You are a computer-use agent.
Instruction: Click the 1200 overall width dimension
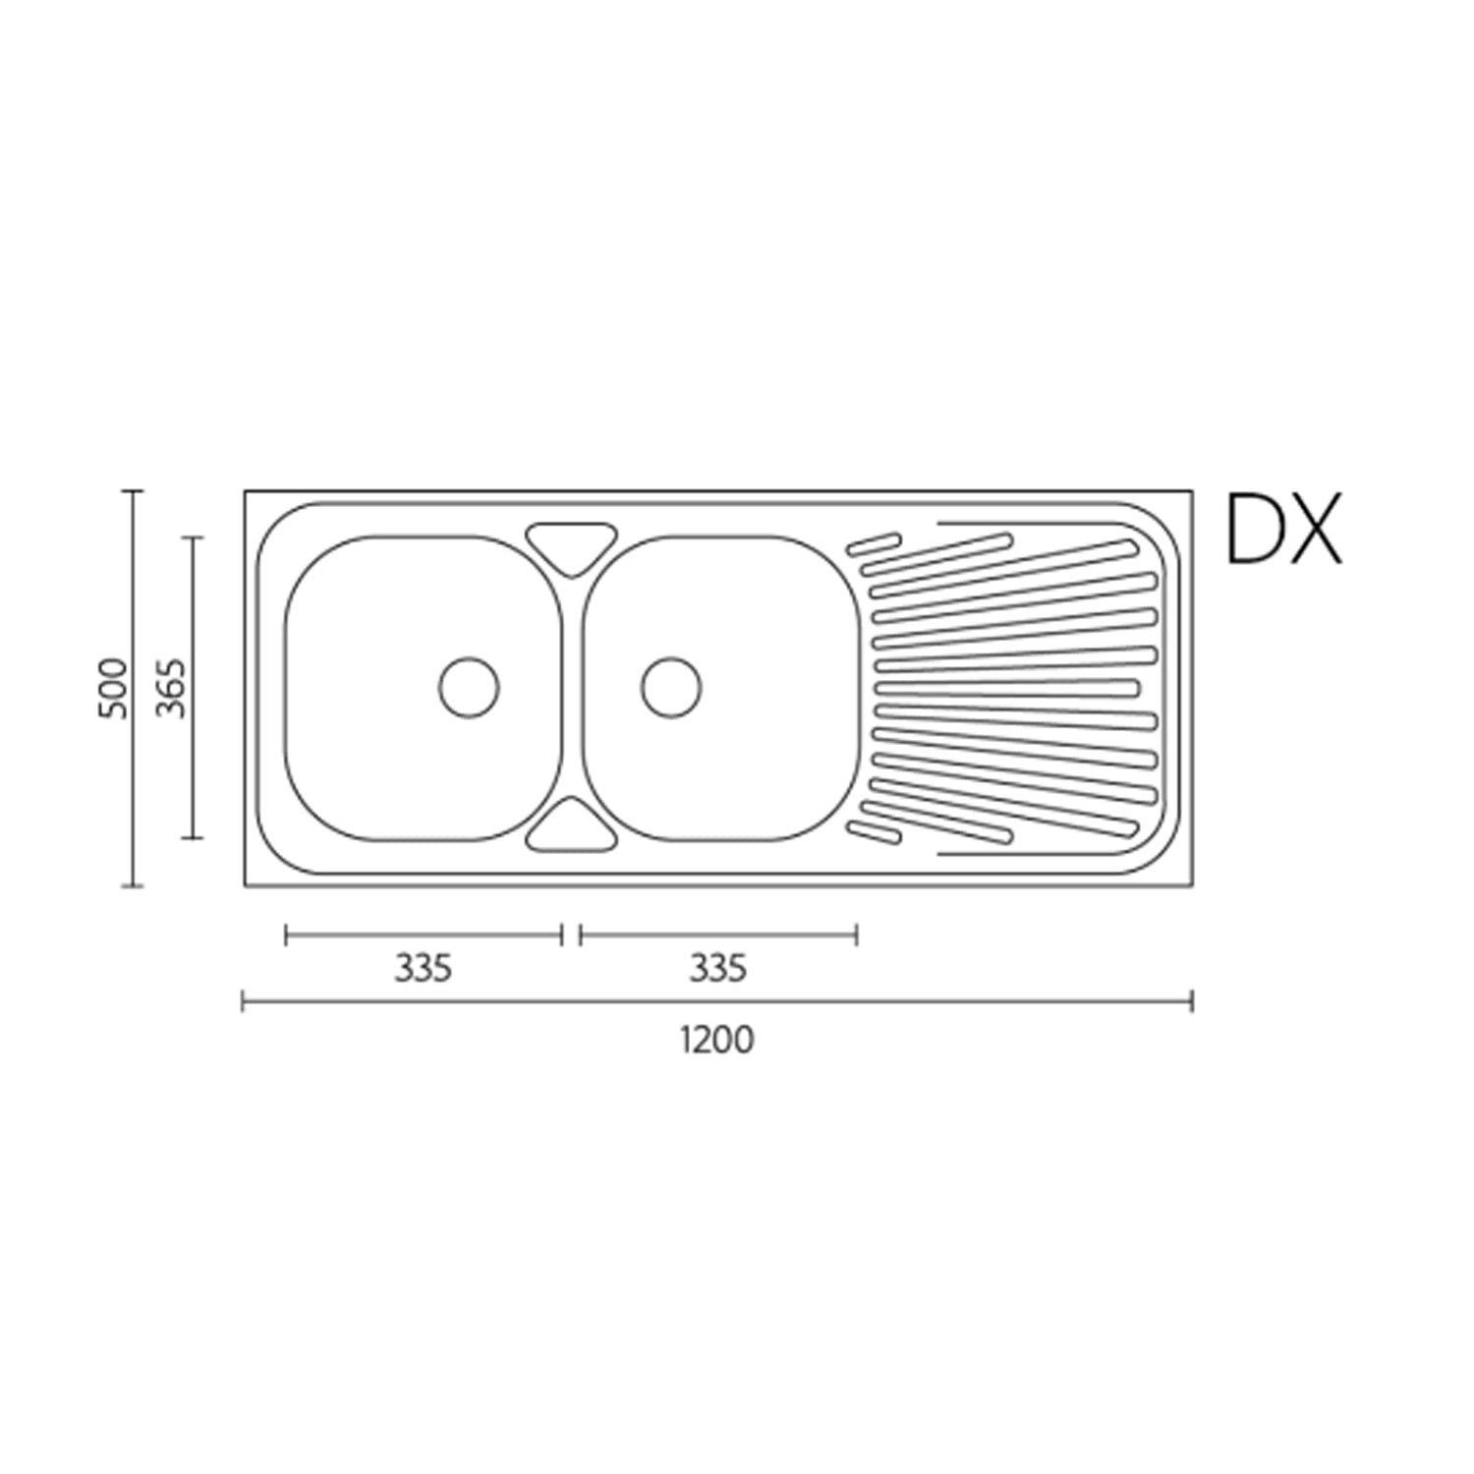717,1040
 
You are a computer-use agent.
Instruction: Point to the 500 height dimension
114,688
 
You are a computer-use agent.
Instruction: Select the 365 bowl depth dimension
172,687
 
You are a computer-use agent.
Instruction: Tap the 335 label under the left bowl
423,969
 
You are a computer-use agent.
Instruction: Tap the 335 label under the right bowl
717,969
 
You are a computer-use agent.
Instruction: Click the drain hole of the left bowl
469,687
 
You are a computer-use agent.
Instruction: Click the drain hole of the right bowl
671,687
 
